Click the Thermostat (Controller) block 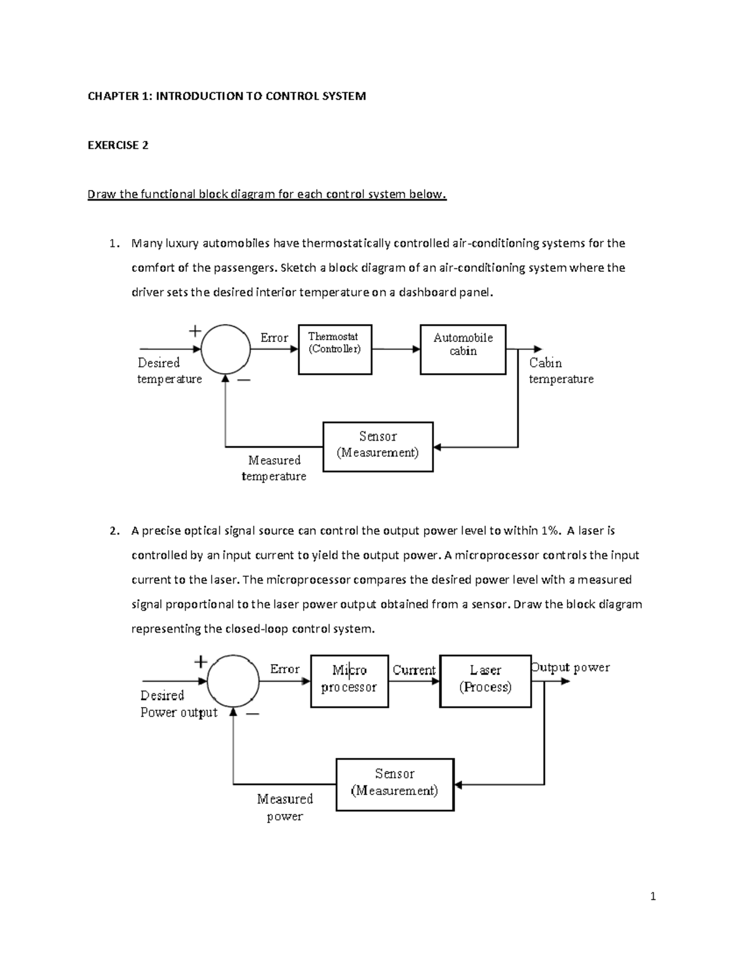click(x=335, y=349)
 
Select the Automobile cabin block click(x=463, y=349)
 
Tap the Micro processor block click(x=349, y=681)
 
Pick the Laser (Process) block click(x=485, y=681)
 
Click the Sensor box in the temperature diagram click(x=377, y=446)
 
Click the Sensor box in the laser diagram click(x=394, y=784)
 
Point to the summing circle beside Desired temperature click(x=225, y=349)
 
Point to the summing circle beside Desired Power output click(x=233, y=681)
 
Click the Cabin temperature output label click(x=561, y=371)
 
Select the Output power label click(x=571, y=667)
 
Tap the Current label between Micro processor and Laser click(x=413, y=670)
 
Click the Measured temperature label click(x=274, y=468)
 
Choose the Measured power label click(x=285, y=807)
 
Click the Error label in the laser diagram click(x=284, y=669)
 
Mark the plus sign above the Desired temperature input click(x=195, y=331)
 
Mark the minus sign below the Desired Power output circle click(x=252, y=714)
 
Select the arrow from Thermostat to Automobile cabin click(x=395, y=349)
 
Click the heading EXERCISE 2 click(x=118, y=145)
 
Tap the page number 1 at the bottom click(x=652, y=896)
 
